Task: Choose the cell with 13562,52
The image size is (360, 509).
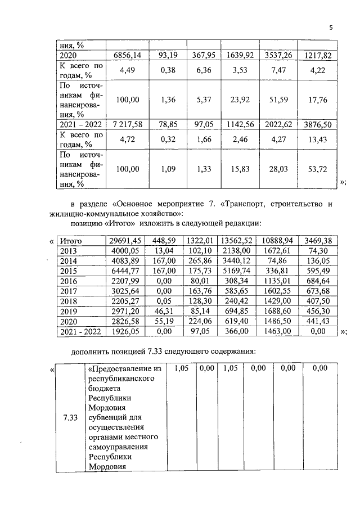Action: tap(240, 241)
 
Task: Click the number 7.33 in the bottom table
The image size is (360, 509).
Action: tap(70, 418)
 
